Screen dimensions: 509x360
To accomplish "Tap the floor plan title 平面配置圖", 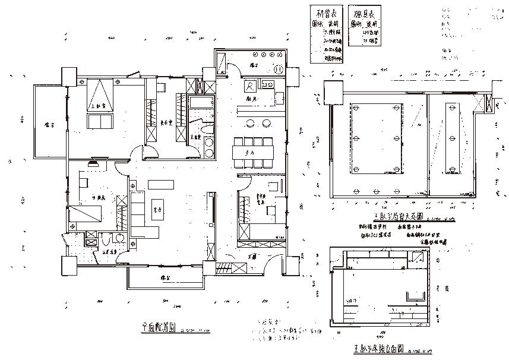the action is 159,326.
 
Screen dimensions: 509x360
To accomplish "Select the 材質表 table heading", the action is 327,14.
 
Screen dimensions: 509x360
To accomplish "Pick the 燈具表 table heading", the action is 363,14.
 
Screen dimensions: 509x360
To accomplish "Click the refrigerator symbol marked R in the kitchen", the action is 250,86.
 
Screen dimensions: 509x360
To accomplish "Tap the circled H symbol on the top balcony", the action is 279,69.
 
